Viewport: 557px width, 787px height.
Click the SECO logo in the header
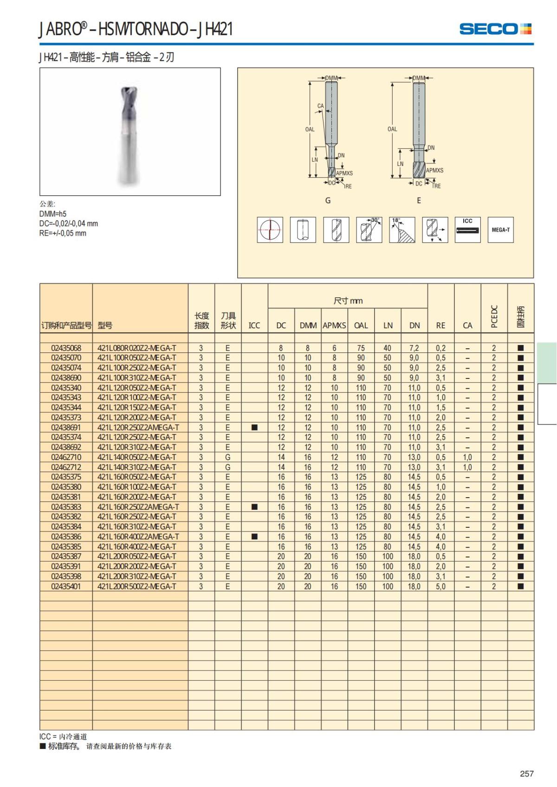point(495,29)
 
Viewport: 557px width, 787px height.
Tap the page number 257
point(526,774)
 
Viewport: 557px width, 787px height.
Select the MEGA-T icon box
point(500,230)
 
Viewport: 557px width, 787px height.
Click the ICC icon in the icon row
point(467,230)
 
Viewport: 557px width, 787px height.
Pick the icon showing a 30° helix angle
point(369,230)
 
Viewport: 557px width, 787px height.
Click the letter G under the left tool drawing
point(328,201)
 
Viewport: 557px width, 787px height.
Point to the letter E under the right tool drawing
point(419,201)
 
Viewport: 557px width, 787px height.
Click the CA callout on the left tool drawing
point(320,106)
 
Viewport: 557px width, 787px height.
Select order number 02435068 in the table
point(66,348)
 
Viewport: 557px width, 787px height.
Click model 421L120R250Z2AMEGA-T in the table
point(138,428)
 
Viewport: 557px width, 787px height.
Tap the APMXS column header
point(334,326)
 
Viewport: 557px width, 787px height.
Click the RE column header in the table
point(440,326)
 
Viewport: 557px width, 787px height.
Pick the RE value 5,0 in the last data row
point(440,587)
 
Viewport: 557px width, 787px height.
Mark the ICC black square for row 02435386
point(254,537)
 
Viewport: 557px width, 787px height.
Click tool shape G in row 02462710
point(227,457)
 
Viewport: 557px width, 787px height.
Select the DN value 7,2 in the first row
point(414,348)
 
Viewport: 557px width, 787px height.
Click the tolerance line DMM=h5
point(53,214)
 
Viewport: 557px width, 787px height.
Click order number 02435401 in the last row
point(66,587)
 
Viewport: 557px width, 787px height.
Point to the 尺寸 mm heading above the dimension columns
point(348,301)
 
